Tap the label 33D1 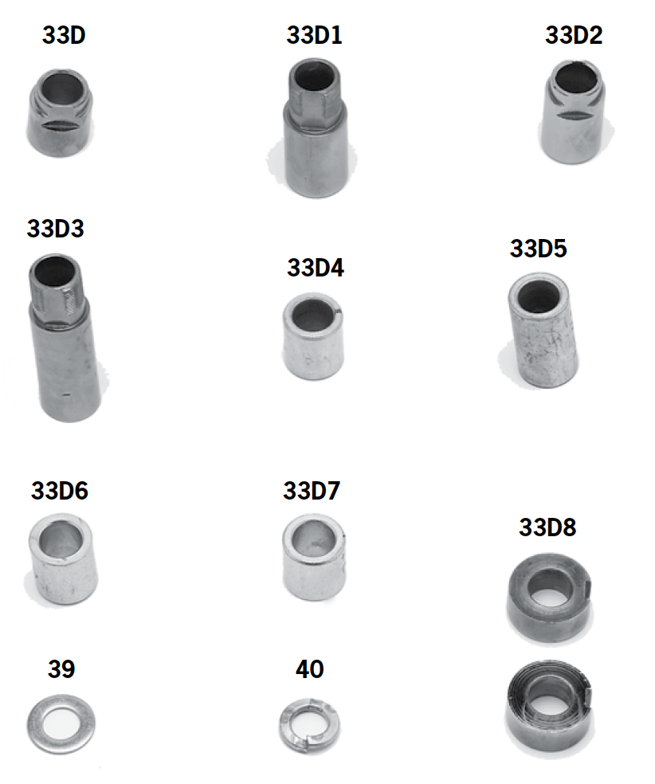click(314, 36)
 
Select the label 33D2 click(574, 36)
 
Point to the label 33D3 click(55, 229)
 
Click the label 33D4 click(315, 268)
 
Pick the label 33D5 click(538, 249)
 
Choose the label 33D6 click(60, 491)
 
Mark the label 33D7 click(311, 491)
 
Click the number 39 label click(61, 669)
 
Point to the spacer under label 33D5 click(543, 330)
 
